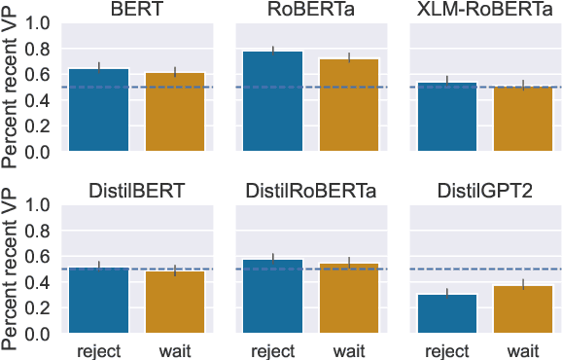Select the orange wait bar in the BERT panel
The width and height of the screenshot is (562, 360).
coord(175,112)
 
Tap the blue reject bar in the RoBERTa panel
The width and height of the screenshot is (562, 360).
coord(273,101)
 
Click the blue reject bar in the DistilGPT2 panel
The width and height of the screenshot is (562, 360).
coord(447,313)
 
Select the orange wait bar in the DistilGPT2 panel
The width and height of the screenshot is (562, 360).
coord(524,309)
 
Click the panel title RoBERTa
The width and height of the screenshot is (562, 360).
coord(311,11)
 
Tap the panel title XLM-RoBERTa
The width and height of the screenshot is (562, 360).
coord(485,11)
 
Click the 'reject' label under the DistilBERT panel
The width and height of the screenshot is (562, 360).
coord(98,350)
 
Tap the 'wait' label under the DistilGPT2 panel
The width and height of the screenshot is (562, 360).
coord(524,350)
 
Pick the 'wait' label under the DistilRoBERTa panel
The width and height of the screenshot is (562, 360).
coord(349,350)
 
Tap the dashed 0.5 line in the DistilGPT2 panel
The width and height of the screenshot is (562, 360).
coord(485,269)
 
